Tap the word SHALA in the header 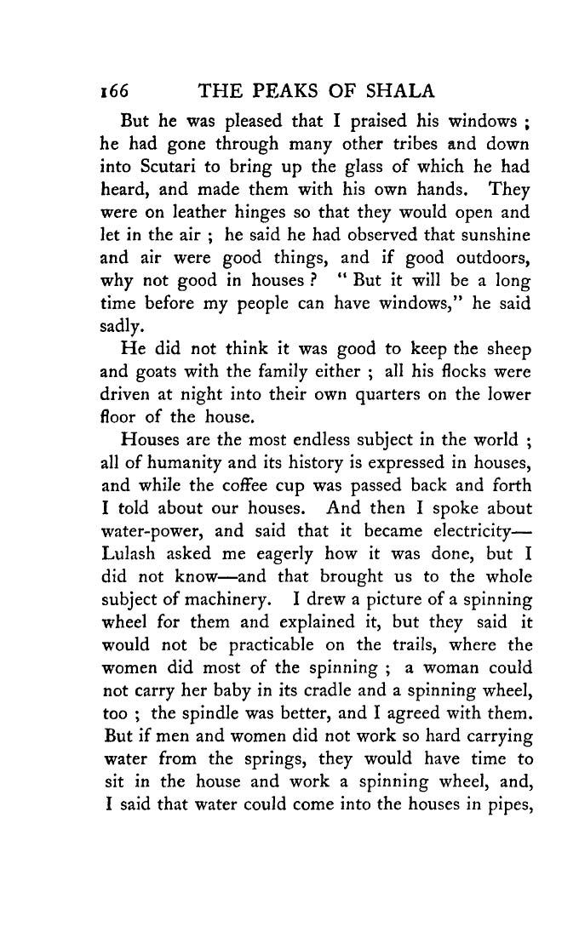point(403,90)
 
